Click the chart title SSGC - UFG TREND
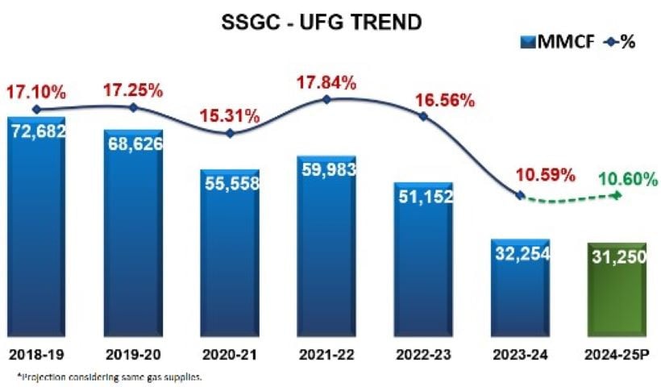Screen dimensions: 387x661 (322, 23)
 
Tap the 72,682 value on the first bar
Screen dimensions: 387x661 (37, 130)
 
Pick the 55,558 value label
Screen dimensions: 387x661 (230, 183)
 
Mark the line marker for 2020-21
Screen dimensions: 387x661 (230, 133)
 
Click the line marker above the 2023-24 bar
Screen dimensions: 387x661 (520, 196)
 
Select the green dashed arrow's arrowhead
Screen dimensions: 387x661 (618, 195)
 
